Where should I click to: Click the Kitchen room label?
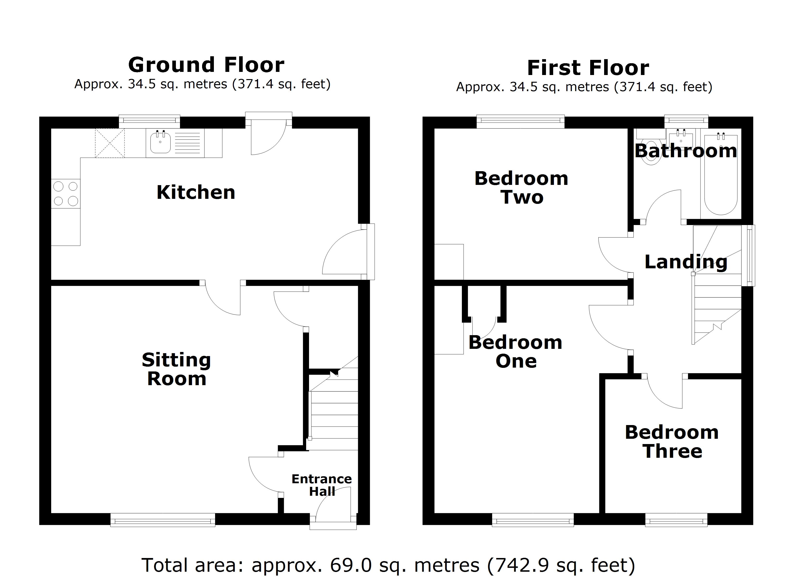point(196,192)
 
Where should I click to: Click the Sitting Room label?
point(177,369)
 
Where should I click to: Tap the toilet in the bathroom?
point(651,154)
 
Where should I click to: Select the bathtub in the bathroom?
point(721,175)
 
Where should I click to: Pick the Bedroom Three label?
point(672,442)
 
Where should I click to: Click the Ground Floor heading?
point(206,65)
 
